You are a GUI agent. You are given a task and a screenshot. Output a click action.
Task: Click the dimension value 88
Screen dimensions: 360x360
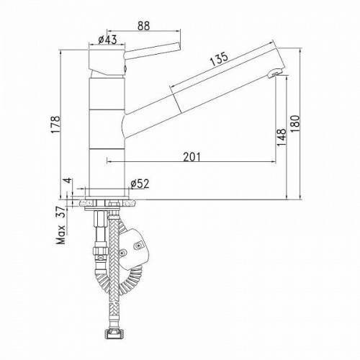(144, 26)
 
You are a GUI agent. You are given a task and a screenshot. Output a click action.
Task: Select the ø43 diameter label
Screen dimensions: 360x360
(107, 40)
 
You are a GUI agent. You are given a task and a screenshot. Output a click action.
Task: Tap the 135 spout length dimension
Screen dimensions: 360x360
(219, 59)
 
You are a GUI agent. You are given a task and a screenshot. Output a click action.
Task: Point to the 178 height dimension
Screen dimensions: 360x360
(55, 125)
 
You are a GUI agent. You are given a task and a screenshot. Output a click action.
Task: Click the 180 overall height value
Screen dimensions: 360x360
(295, 124)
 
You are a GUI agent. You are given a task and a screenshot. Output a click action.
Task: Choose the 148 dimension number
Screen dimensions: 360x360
(282, 138)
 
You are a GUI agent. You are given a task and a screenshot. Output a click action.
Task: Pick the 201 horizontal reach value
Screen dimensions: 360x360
(192, 157)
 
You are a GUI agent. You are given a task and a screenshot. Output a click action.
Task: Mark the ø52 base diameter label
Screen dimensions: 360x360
(140, 184)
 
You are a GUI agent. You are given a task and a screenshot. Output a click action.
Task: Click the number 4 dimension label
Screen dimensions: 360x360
(68, 180)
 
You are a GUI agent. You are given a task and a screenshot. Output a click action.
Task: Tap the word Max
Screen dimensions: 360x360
(61, 235)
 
